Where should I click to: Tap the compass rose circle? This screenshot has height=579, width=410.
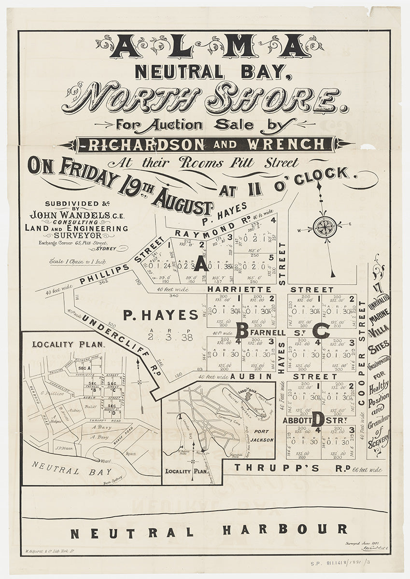pos(325,227)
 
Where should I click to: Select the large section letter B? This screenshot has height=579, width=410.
pos(241,331)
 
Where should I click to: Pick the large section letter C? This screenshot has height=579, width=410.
pos(321,331)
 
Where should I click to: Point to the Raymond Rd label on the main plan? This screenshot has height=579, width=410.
pos(211,229)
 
